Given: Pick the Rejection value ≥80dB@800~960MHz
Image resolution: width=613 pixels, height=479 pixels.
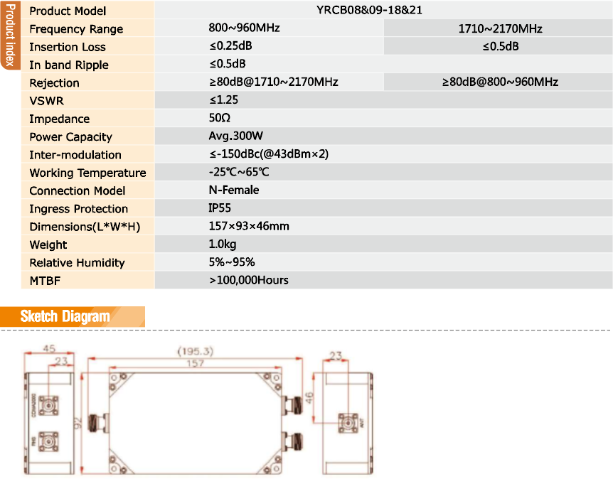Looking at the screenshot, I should coord(500,82).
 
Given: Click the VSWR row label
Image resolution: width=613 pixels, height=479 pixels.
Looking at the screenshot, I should coord(46,101).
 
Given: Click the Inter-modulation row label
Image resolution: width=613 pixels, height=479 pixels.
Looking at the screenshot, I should coord(75,155).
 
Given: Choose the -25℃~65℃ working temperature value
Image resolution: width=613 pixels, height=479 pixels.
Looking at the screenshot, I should coord(239,172).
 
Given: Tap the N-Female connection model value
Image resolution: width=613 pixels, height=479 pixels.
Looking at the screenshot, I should coord(234,190).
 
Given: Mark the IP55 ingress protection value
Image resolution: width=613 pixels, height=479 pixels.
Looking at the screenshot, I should coord(220,208).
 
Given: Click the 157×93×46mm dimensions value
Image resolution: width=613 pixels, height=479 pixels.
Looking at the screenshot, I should coord(249,226).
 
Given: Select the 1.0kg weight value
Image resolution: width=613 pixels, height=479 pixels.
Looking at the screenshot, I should coord(223,244).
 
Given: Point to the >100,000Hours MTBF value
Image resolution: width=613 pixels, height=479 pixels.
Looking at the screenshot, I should coord(249,280).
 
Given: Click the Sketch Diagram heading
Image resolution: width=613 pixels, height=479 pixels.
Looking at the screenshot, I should coord(65,316).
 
